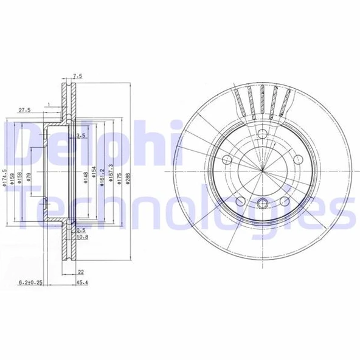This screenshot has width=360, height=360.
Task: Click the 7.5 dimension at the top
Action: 77,77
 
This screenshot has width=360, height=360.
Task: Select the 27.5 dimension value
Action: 25,110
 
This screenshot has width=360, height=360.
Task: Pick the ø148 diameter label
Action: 87,177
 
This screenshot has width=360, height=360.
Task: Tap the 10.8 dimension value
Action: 83,237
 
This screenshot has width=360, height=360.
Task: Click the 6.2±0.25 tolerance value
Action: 30,282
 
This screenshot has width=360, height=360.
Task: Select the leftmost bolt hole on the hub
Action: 228,160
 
